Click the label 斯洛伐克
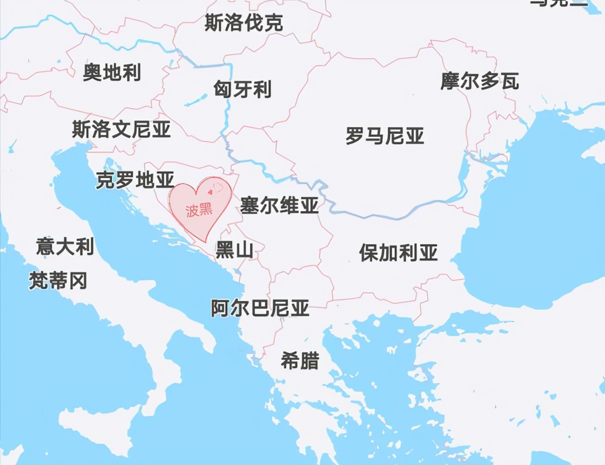coord(243,23)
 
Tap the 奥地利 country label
coord(112,72)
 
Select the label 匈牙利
coord(242,89)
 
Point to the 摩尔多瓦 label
coord(480,81)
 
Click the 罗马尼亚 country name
coord(385,136)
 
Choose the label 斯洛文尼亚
coord(121,129)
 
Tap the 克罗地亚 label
coord(135,180)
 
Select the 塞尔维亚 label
coord(279,206)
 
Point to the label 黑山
coord(234,250)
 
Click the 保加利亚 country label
coord(398,253)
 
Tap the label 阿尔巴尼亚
coord(260,308)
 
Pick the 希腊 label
coord(300,361)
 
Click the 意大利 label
coord(65,246)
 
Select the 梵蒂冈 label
coord(58,281)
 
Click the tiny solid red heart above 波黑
coord(210,192)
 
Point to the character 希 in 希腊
coord(290,361)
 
